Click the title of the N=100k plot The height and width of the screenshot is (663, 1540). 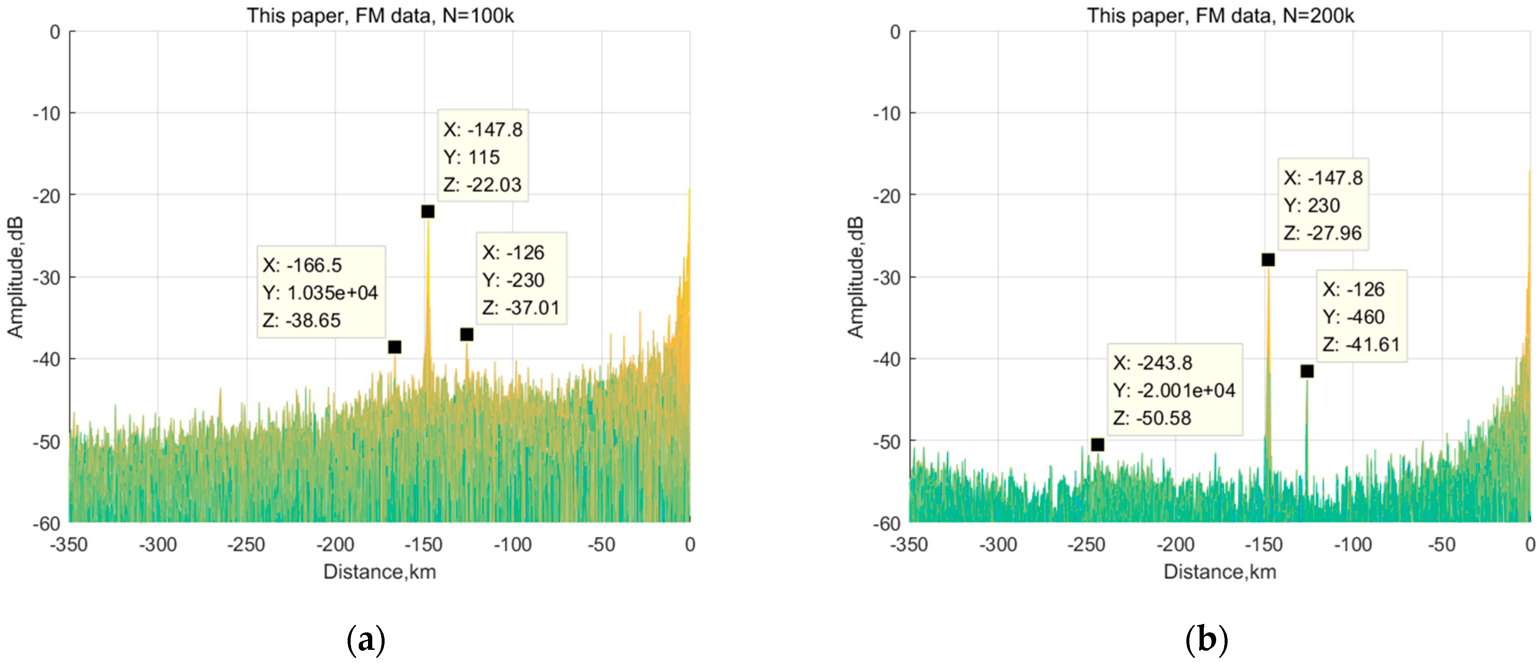(380, 16)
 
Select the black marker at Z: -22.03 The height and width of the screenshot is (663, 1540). (427, 212)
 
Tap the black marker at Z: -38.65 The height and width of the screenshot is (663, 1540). (395, 347)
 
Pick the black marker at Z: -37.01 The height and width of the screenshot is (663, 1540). (467, 334)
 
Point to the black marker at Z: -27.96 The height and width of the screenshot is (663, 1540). (1268, 260)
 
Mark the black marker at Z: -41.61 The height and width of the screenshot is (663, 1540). (1307, 371)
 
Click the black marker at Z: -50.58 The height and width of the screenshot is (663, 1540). (1098, 445)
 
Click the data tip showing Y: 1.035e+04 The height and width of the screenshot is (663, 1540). (321, 292)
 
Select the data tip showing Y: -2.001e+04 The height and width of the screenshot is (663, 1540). (1175, 390)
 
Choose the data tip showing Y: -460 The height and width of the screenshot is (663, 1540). (1361, 316)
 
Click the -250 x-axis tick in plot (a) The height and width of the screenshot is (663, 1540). (246, 544)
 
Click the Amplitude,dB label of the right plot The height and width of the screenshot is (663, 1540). (855, 278)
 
